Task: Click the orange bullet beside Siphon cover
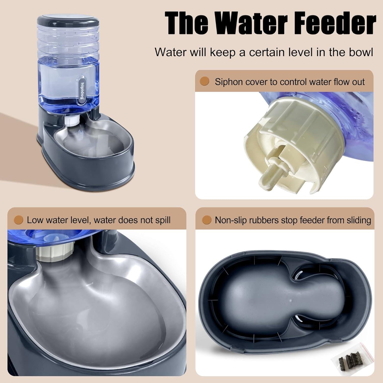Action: tap(205, 81)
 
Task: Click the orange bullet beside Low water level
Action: tap(18, 220)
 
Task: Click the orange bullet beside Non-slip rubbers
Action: tap(207, 220)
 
